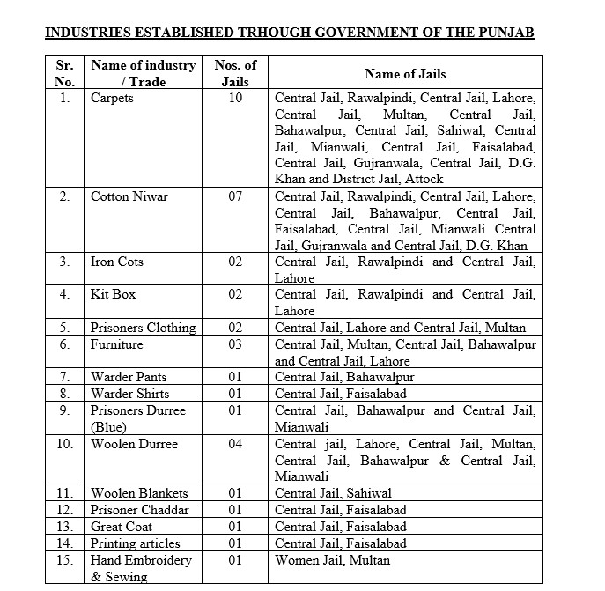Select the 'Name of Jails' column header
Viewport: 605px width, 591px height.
click(x=407, y=74)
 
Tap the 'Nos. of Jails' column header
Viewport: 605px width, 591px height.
click(x=235, y=73)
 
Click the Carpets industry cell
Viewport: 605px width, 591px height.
click(x=112, y=98)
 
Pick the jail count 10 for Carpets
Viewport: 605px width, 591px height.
click(x=235, y=98)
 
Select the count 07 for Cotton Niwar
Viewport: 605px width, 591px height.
click(x=235, y=196)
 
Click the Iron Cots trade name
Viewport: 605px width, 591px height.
click(x=117, y=262)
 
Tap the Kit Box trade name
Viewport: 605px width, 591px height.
click(x=113, y=294)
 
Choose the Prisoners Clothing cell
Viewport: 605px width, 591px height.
click(x=143, y=328)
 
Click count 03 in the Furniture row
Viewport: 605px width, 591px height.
click(x=235, y=344)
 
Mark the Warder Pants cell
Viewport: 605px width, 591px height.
click(x=129, y=377)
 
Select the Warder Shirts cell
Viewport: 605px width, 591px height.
click(x=129, y=394)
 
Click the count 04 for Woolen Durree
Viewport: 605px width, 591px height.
click(x=235, y=444)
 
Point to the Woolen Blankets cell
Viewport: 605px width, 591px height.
click(x=138, y=493)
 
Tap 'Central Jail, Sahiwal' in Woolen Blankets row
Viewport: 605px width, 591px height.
click(x=333, y=493)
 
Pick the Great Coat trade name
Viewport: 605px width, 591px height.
click(x=122, y=527)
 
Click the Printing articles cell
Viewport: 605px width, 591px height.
click(x=136, y=543)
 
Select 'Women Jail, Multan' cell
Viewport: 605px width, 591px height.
click(x=332, y=560)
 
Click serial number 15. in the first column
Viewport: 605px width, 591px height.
click(x=65, y=560)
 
